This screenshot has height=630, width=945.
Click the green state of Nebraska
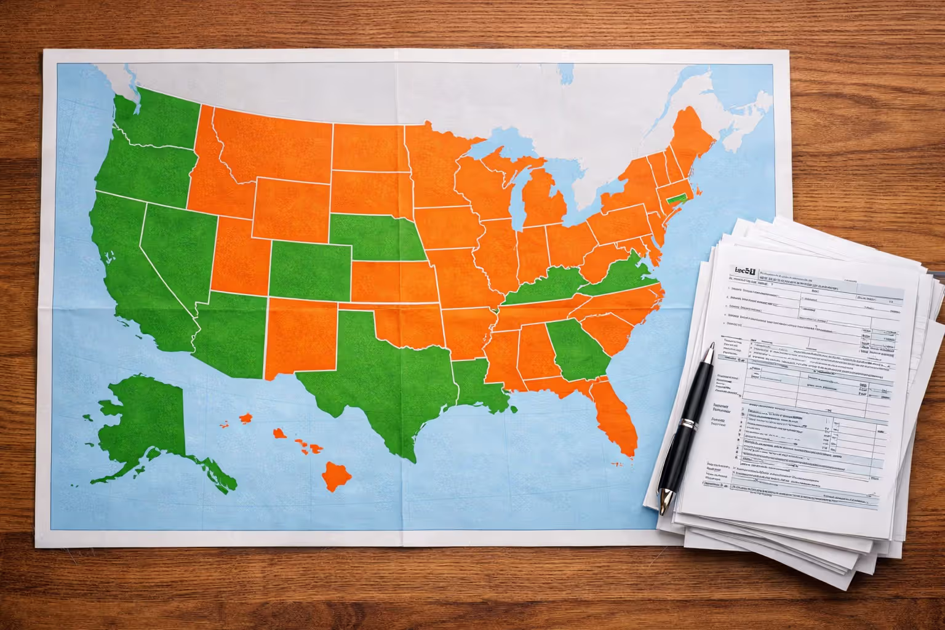pos(369,237)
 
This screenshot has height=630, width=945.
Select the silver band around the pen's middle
pos(688,424)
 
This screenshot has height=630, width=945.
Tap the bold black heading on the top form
pos(743,271)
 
